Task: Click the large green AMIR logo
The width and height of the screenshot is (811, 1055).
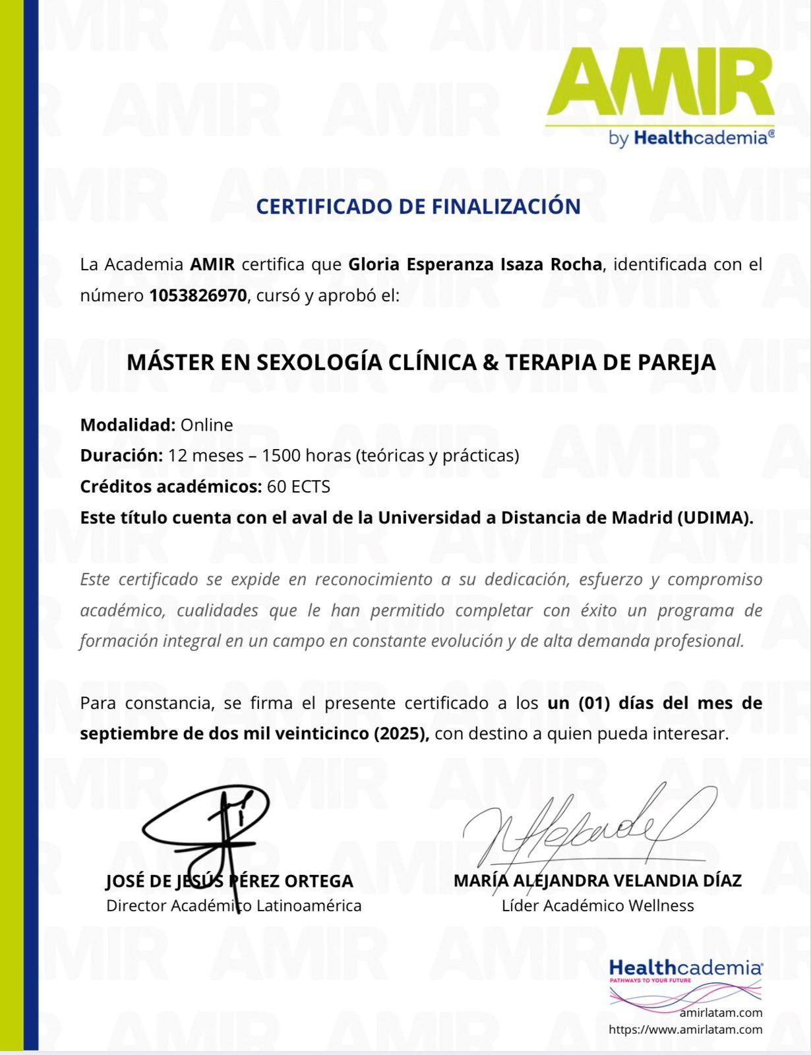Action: coord(659,84)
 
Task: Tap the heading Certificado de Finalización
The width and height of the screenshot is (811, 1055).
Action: coord(418,206)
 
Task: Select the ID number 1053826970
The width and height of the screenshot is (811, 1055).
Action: coord(198,295)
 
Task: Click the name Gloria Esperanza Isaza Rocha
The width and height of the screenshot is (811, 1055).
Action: coord(475,264)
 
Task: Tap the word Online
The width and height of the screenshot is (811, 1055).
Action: coord(206,425)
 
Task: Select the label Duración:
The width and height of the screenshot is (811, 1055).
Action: coord(121,456)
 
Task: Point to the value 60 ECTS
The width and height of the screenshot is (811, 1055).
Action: coord(299,487)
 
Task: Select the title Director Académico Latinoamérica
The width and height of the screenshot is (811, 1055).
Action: coord(233,905)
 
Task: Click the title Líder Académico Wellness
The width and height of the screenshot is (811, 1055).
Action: coord(597,905)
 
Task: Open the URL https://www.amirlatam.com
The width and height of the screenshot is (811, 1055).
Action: coord(685,1029)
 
